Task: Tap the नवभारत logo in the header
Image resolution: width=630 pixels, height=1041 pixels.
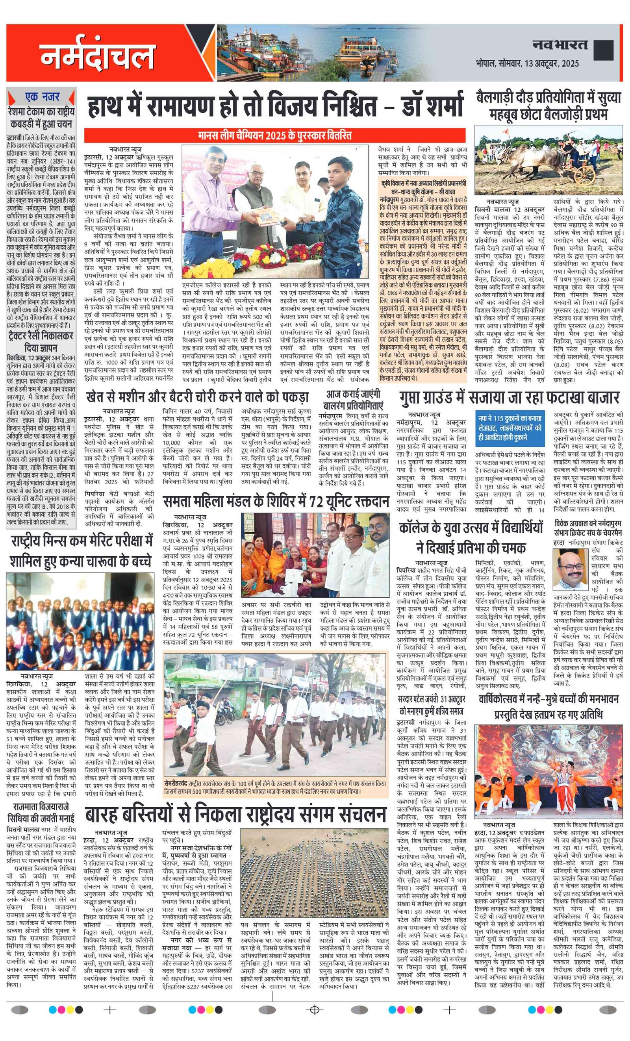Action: point(560,44)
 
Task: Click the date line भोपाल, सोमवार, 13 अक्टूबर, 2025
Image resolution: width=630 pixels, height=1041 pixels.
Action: point(527,63)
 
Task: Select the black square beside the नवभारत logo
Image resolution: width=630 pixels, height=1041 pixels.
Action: point(603,50)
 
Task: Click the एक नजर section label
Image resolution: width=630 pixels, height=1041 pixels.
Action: point(42,97)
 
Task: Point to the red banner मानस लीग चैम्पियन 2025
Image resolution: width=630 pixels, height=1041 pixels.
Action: point(275,135)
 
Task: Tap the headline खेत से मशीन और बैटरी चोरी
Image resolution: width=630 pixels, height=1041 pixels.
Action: point(197,397)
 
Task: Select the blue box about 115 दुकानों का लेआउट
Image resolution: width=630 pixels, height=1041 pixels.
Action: point(510,428)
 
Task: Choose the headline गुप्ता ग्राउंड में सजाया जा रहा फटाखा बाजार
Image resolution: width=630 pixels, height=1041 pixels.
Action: point(509,398)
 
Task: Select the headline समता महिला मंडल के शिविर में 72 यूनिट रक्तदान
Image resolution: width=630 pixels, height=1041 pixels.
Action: point(276,501)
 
